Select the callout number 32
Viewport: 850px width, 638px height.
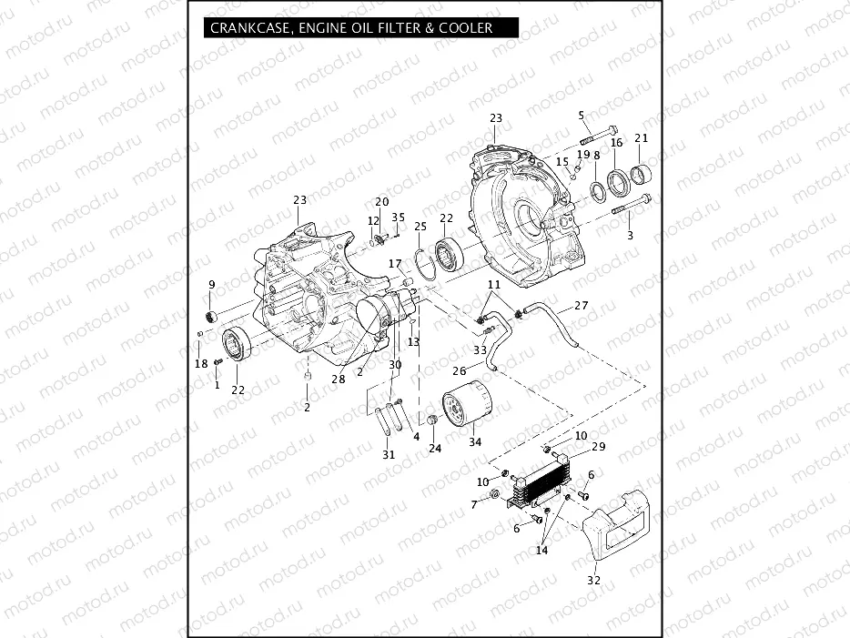(594, 579)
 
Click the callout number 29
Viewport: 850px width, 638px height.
(598, 446)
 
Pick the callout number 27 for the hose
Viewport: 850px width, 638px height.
(581, 306)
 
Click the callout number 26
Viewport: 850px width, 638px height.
(460, 370)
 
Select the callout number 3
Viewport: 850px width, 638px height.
(629, 236)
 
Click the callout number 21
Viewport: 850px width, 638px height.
(642, 138)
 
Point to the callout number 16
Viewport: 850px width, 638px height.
(616, 143)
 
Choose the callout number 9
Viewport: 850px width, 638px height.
(212, 285)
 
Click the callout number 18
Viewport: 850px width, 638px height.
(201, 364)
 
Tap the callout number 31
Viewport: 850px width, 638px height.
(389, 454)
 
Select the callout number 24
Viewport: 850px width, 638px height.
(435, 448)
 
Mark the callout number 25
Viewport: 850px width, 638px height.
(420, 226)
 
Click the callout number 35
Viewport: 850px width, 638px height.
(399, 218)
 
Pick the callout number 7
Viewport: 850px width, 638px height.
(474, 504)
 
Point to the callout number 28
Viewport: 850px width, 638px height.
(339, 379)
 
